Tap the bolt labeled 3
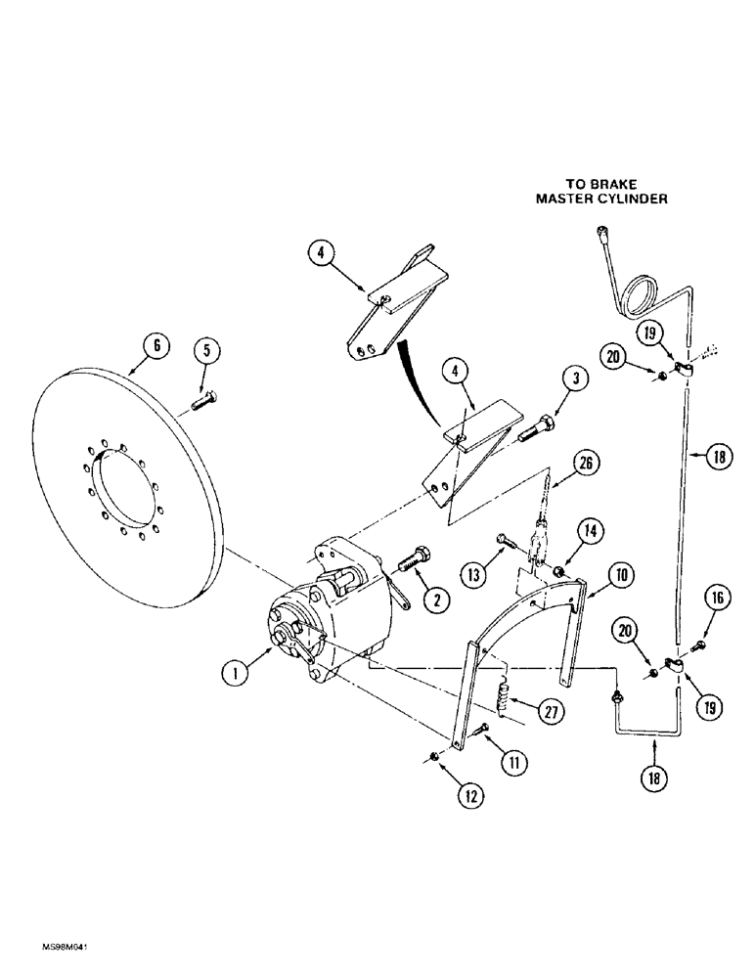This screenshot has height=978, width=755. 532,427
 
